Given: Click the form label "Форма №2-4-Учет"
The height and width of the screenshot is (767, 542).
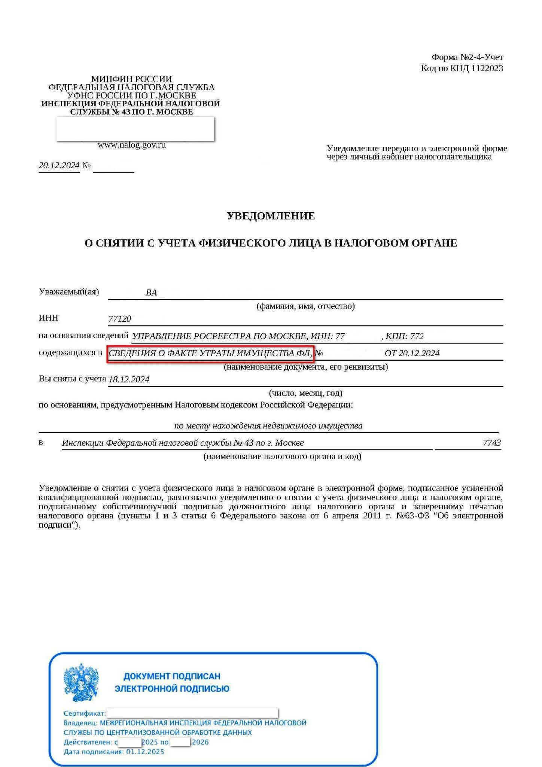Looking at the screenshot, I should (467, 57).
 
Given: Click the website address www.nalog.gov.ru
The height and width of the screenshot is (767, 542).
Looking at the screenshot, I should (131, 145).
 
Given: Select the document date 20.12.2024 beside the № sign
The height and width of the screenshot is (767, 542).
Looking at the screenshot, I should (59, 166).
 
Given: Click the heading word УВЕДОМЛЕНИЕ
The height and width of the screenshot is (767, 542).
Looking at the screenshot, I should (271, 216).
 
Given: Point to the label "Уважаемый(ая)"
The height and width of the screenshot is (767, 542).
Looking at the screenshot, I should (69, 292).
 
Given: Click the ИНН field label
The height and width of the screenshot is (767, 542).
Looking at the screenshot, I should (49, 318).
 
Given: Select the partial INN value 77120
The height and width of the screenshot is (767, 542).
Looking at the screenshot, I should (119, 319).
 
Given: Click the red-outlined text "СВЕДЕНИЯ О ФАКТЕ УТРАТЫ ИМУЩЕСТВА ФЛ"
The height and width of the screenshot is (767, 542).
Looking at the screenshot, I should (210, 353).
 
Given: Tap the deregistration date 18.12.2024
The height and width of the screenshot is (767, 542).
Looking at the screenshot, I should (129, 379).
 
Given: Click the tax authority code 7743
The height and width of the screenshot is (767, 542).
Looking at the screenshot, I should (491, 443).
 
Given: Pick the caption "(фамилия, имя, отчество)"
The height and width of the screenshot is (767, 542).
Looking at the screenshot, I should (305, 306).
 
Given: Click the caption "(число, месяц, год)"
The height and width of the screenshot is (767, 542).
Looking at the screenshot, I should (305, 393).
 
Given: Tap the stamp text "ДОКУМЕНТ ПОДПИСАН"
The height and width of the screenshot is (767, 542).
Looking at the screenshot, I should (172, 676).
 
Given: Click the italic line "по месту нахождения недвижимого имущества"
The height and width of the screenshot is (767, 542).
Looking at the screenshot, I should (268, 426).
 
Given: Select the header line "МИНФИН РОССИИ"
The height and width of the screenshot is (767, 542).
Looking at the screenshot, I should (131, 79).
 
